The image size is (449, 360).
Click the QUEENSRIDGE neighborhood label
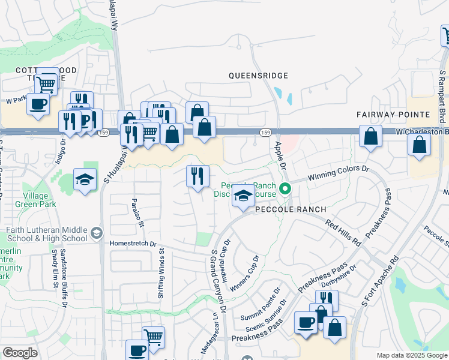click(258, 76)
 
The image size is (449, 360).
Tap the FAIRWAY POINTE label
click(393, 114)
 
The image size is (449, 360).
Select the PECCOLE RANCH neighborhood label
click(291, 209)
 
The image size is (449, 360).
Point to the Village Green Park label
click(39, 200)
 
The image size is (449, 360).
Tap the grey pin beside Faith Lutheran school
click(97, 232)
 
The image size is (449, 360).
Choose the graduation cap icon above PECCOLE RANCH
click(243, 197)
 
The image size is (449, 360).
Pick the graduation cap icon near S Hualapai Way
click(85, 179)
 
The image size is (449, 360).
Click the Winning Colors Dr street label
click(339, 173)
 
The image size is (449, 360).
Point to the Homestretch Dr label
click(133, 244)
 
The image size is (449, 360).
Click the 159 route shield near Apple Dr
click(265, 132)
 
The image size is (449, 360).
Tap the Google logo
click(20, 353)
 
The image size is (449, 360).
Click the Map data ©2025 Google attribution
click(412, 355)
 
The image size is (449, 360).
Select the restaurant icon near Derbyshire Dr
click(327, 299)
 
